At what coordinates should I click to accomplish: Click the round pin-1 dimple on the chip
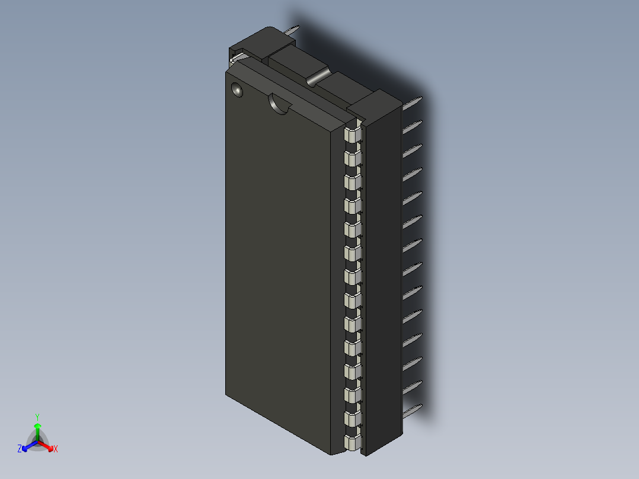[237, 91]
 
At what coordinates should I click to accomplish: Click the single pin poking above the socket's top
[292, 31]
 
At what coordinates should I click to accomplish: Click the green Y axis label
[37, 417]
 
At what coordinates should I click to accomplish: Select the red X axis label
[56, 449]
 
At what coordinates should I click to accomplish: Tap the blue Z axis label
[20, 449]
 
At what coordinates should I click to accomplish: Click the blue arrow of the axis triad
[28, 446]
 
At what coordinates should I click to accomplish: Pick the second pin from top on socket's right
[412, 127]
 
